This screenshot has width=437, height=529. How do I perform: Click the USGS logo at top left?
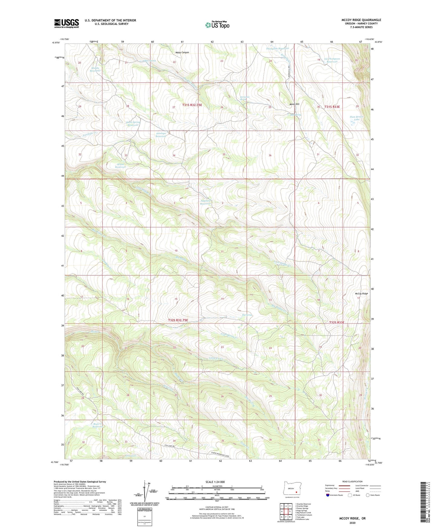click(66, 23)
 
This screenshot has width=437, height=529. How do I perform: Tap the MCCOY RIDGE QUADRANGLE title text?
click(361, 20)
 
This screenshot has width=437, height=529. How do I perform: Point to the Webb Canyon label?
click(182, 52)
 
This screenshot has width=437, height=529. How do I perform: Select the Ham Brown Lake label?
click(357, 118)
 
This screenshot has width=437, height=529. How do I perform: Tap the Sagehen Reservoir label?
click(205, 202)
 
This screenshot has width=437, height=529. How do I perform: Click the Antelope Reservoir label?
click(161, 135)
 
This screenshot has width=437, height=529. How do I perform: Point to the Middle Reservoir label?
click(95, 69)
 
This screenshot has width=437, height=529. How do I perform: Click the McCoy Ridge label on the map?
click(361, 294)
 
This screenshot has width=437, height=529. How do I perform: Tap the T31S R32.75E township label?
click(192, 105)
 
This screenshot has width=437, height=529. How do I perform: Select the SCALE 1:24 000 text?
click(215, 482)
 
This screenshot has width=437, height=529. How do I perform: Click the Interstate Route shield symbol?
click(328, 495)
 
